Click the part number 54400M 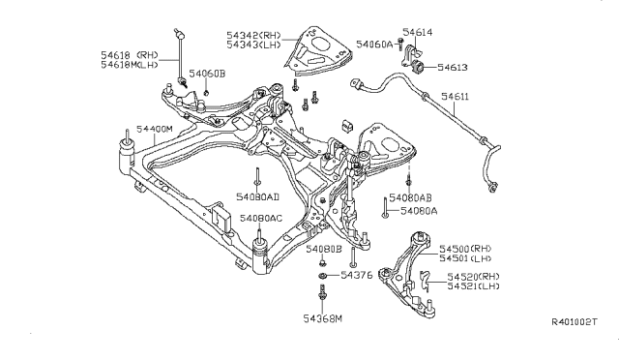155,129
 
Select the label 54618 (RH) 128,53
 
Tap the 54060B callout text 207,74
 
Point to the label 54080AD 259,197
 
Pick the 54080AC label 262,219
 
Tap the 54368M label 323,318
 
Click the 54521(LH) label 473,287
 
